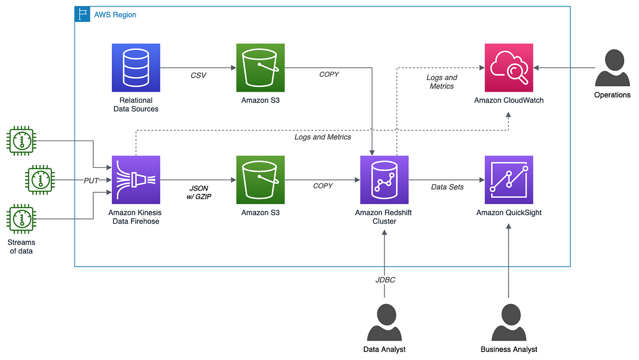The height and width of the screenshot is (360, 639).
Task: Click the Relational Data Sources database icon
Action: [x=136, y=68]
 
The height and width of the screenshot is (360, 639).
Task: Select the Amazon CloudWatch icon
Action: [x=509, y=68]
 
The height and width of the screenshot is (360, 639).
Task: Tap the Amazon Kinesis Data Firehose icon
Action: [x=136, y=179]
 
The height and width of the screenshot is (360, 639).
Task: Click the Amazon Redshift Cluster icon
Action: [x=384, y=179]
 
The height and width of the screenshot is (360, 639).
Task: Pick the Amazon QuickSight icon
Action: [x=509, y=179]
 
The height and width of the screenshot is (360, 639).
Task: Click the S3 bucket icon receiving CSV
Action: [x=260, y=68]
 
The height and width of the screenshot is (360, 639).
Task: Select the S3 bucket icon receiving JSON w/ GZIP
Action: [x=260, y=179]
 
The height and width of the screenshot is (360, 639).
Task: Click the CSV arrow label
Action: [x=198, y=76]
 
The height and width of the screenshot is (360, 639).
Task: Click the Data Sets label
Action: [x=447, y=187]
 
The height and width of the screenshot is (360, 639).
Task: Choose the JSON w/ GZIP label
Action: [x=198, y=192]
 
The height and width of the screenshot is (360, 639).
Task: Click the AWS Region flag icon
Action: [x=82, y=14]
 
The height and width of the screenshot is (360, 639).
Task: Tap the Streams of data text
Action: [x=22, y=247]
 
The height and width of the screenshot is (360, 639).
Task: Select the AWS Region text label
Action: [x=115, y=15]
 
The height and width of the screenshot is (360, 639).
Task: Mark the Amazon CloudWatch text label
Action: [x=509, y=100]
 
